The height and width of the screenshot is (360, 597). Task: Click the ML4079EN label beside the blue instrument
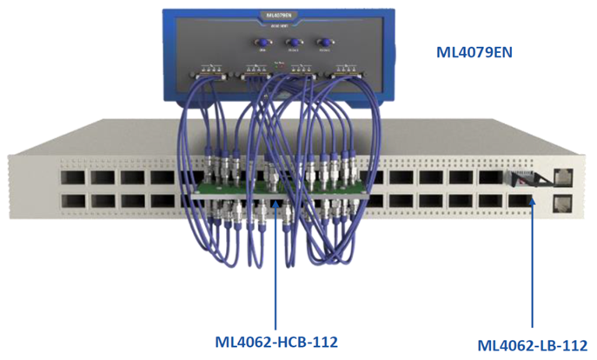(474, 52)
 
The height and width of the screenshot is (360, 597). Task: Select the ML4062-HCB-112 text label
(275, 338)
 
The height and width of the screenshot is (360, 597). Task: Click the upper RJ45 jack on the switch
(561, 177)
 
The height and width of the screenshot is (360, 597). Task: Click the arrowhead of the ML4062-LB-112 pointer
(532, 213)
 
